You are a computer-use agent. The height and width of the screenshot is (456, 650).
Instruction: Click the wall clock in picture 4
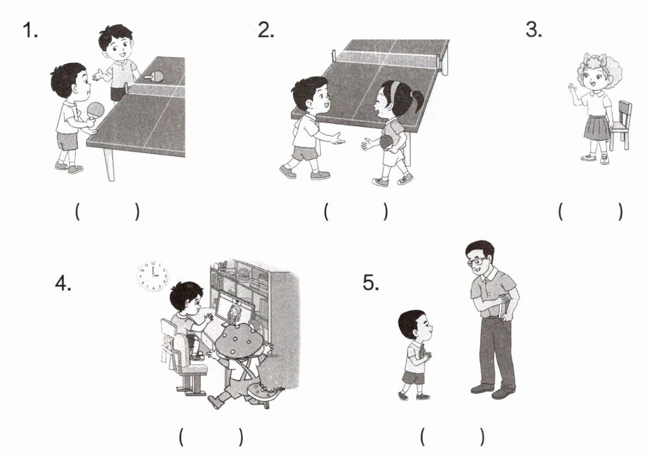pyautogui.click(x=152, y=276)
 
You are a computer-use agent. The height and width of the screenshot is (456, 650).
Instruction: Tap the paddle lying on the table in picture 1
pyautogui.click(x=154, y=76)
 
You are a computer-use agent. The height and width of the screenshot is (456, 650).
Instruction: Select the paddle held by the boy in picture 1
pyautogui.click(x=95, y=112)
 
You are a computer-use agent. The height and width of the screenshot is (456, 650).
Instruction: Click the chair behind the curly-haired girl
pyautogui.click(x=620, y=126)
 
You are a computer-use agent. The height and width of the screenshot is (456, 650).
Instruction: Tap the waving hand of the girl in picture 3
pyautogui.click(x=571, y=89)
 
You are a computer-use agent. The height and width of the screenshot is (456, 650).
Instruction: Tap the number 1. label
pyautogui.click(x=30, y=30)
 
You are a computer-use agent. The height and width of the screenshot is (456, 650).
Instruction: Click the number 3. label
pyautogui.click(x=533, y=30)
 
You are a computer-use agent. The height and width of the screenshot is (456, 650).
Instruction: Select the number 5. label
pyautogui.click(x=371, y=282)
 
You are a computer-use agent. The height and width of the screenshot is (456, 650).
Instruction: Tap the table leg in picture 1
pyautogui.click(x=109, y=164)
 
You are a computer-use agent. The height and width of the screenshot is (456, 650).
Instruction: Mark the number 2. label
pyautogui.click(x=266, y=30)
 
